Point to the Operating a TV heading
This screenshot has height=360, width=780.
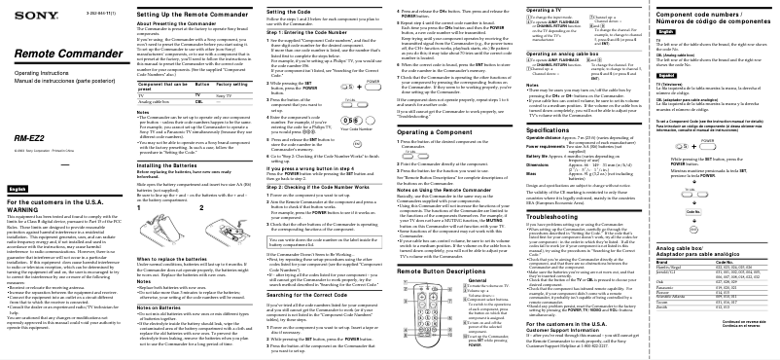tap(543, 9)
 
